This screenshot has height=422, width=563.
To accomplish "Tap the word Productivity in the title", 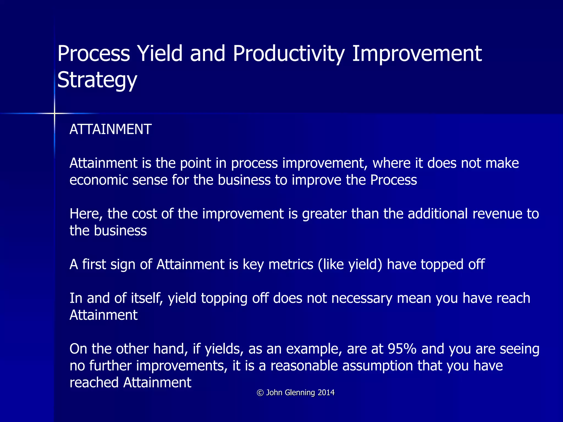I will tap(288, 54).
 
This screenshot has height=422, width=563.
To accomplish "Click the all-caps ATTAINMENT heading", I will tap(111, 129).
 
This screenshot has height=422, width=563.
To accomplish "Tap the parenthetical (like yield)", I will tap(350, 265).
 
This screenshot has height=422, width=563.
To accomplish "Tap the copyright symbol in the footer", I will tap(260, 393).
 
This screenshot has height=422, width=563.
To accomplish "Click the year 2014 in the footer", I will tap(326, 393).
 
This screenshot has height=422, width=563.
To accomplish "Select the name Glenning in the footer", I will tap(300, 393).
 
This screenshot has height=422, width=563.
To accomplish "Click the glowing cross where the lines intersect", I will tap(54, 113).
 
